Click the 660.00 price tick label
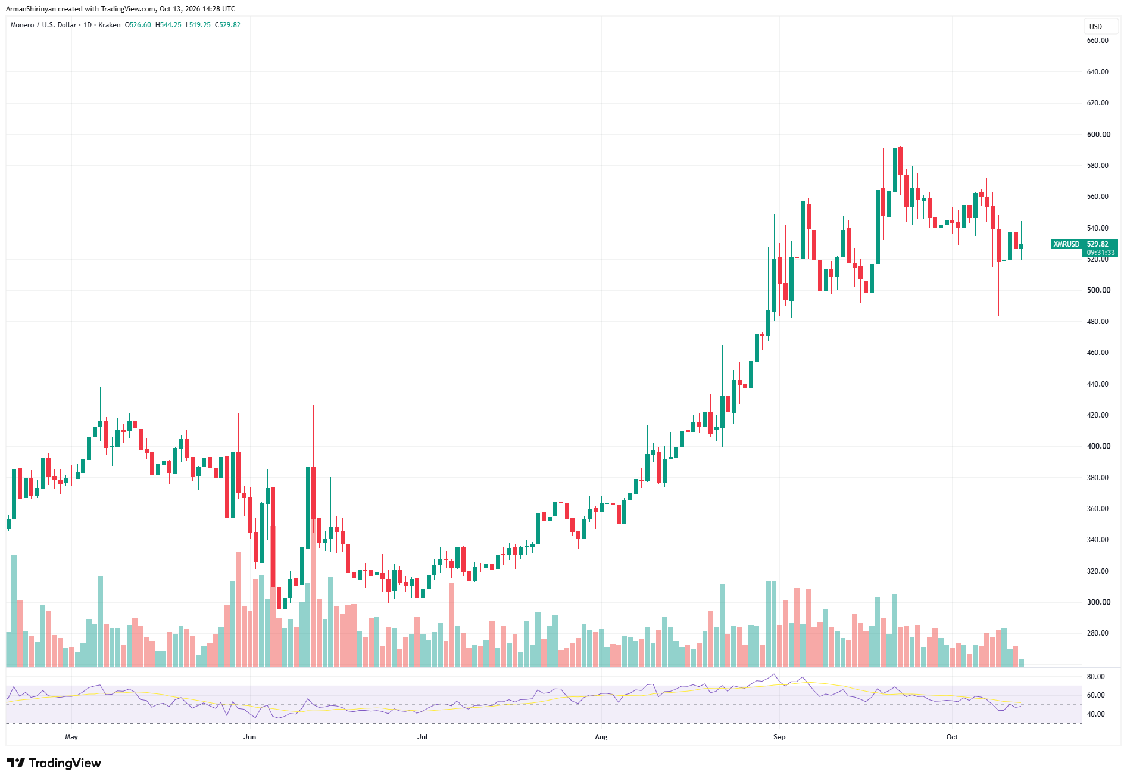click(1097, 41)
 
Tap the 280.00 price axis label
click(1097, 633)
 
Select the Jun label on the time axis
click(250, 737)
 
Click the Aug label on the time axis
click(601, 737)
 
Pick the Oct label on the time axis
click(952, 737)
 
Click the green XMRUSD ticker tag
click(1066, 244)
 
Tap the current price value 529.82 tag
click(1098, 244)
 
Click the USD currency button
click(1095, 27)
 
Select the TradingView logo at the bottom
click(54, 763)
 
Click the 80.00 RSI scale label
click(1095, 677)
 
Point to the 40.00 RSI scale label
click(1095, 714)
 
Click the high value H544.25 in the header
click(168, 25)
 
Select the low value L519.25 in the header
click(198, 25)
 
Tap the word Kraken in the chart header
click(110, 25)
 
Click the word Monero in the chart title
click(22, 25)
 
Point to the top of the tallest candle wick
click(895, 82)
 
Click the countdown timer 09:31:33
click(1101, 253)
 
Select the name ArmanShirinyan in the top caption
click(31, 9)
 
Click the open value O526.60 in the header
click(138, 25)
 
